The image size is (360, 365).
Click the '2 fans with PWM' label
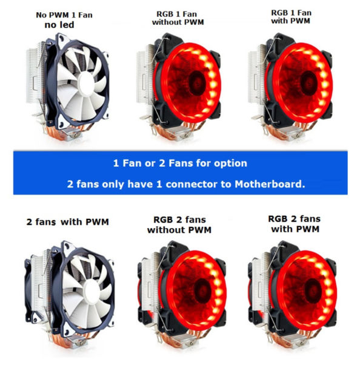[67, 222]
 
